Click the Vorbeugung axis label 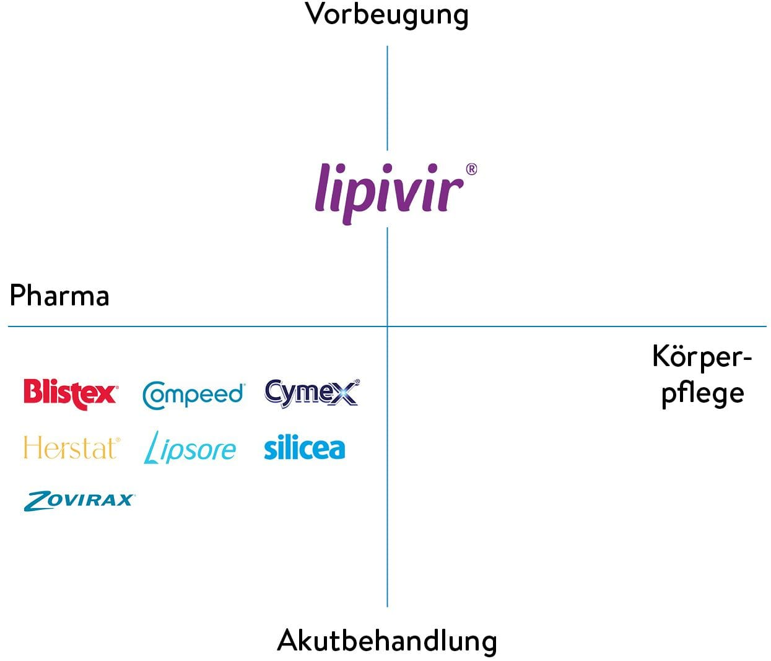[x=386, y=15]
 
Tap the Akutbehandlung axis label [x=387, y=641]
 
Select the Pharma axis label [x=59, y=296]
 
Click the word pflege [x=703, y=395]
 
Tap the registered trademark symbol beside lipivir [x=471, y=169]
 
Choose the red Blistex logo [x=71, y=394]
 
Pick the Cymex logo [x=312, y=393]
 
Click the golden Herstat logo [x=72, y=447]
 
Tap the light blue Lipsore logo [x=190, y=449]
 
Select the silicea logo [x=304, y=447]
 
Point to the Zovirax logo [x=79, y=501]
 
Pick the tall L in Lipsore [x=152, y=448]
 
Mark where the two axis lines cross [x=387, y=326]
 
